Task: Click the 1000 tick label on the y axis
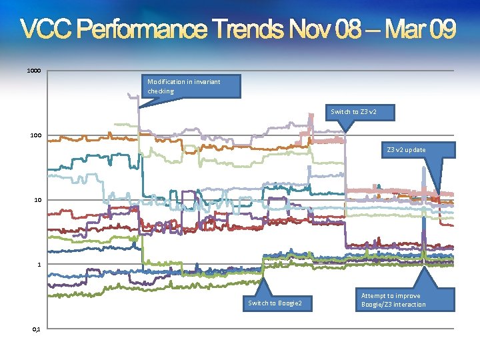click(x=34, y=71)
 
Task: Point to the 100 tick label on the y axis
click(x=36, y=135)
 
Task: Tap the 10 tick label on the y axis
click(x=38, y=200)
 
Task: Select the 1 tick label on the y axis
click(x=39, y=265)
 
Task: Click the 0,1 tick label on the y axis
click(x=37, y=329)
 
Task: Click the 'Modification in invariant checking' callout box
click(x=184, y=86)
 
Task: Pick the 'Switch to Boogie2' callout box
click(x=275, y=304)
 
